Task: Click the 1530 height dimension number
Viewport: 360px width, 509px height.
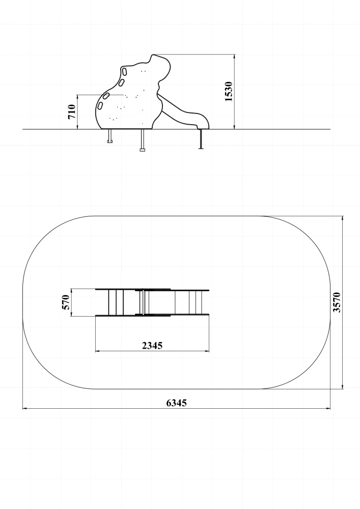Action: pyautogui.click(x=229, y=92)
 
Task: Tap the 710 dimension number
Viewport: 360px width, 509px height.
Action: pyautogui.click(x=72, y=112)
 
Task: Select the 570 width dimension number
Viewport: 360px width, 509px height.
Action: pyautogui.click(x=66, y=302)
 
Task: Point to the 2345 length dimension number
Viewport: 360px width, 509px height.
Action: pyautogui.click(x=152, y=346)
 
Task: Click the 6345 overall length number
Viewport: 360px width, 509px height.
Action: pyautogui.click(x=177, y=403)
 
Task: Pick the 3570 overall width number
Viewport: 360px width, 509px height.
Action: pyautogui.click(x=337, y=302)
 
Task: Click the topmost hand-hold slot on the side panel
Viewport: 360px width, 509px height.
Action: pyautogui.click(x=124, y=70)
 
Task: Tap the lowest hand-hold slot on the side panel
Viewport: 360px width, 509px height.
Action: pyautogui.click(x=100, y=105)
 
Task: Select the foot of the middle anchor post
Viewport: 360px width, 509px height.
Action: pyautogui.click(x=142, y=150)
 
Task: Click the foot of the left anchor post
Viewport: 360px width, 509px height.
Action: pyautogui.click(x=109, y=141)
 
